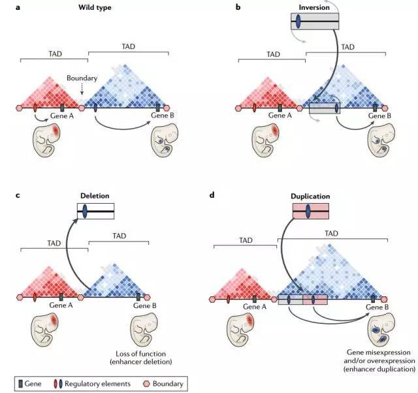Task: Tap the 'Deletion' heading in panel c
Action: tap(95, 195)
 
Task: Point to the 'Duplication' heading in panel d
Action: tap(311, 195)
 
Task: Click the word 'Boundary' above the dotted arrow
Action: tap(81, 77)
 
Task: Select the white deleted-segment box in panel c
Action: tap(96, 211)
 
